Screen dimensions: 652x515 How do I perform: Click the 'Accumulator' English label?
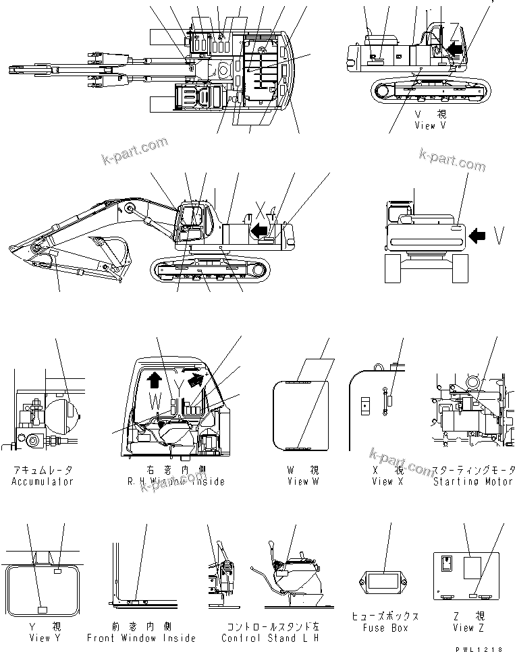point(42,481)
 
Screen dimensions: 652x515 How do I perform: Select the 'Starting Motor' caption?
point(474,481)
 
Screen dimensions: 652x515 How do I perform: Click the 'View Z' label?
point(463,628)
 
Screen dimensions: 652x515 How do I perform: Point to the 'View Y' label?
point(40,638)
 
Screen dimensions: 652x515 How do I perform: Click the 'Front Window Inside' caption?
point(141,638)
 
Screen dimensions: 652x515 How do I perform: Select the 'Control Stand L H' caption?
point(269,638)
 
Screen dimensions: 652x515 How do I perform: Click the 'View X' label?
point(382,481)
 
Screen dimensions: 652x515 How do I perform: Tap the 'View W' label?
point(298,481)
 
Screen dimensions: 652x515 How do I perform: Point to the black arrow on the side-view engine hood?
point(257,231)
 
